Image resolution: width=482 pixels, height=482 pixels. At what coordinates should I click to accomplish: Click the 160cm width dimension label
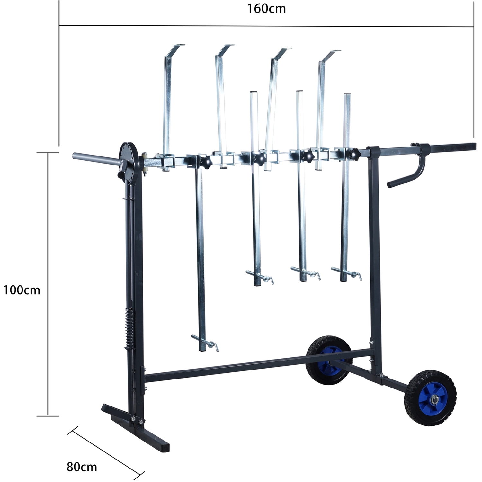coord(266,9)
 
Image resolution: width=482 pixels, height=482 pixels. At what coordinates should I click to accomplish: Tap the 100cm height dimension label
coord(22,290)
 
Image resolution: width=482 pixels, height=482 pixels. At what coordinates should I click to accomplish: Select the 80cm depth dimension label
coord(82,467)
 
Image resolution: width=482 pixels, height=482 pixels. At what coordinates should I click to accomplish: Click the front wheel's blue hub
coord(434,399)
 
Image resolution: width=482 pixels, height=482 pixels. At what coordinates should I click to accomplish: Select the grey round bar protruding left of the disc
coord(96,159)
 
